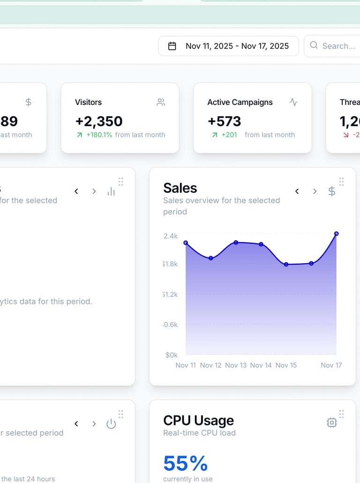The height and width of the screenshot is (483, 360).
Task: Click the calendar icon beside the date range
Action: pos(172,46)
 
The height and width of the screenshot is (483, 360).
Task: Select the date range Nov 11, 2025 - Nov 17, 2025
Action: pos(237,46)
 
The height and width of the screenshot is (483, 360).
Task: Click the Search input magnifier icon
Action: pos(314,45)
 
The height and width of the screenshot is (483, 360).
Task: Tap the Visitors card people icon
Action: pos(161,102)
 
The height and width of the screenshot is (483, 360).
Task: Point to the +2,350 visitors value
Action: pos(99,121)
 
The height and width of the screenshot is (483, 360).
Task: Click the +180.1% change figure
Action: pos(99,135)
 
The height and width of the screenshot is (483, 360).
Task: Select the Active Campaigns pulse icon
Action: pos(293,102)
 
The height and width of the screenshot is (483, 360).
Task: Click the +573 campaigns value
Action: pos(224,121)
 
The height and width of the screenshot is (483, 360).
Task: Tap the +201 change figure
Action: pos(229,135)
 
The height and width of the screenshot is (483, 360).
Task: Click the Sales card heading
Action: pos(180,188)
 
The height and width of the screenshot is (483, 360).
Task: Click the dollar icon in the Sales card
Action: pos(332,191)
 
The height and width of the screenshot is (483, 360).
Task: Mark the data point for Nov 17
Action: pos(336,234)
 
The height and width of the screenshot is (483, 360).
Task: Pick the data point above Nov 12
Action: pos(211,258)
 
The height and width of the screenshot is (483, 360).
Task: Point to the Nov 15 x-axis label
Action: pos(286,365)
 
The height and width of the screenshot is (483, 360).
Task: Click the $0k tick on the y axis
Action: pos(172,355)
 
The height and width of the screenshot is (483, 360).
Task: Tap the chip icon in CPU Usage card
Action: pos(332,423)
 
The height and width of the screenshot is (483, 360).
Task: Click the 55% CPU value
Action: pos(186,463)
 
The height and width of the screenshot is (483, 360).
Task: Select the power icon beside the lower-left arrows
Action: pos(111,424)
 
